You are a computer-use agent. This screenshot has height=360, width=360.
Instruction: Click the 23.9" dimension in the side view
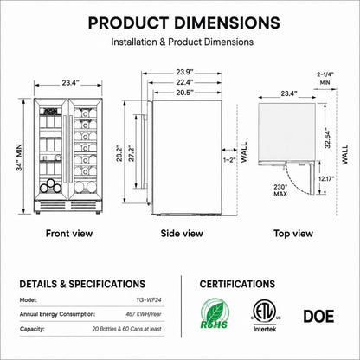(x=184, y=72)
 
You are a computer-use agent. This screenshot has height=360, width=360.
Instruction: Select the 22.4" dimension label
(x=184, y=82)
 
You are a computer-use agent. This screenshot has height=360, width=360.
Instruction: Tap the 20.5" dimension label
(x=184, y=93)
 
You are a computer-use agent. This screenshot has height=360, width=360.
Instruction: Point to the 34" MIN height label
(x=19, y=157)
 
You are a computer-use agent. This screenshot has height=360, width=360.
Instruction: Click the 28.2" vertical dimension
(x=119, y=153)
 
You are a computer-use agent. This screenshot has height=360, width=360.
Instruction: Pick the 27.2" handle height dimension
(x=132, y=153)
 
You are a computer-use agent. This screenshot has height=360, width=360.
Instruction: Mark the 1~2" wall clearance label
(x=229, y=160)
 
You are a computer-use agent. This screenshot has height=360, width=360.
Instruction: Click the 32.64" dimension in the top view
(x=328, y=138)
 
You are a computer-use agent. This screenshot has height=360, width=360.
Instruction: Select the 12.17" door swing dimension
(x=326, y=179)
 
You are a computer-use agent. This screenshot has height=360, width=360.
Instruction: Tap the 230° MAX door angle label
(x=280, y=190)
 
